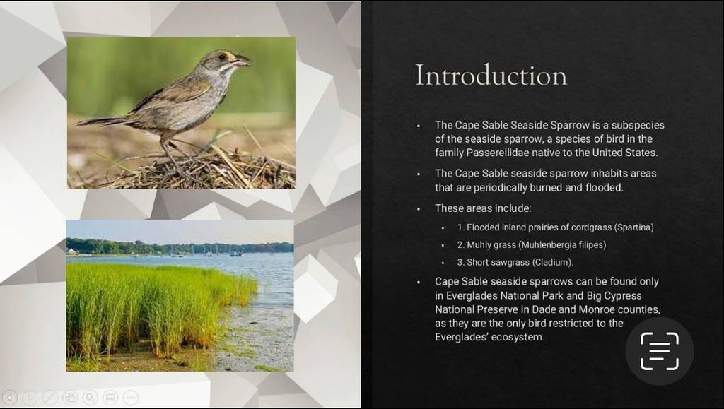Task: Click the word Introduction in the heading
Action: point(491,75)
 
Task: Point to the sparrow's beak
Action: point(242,60)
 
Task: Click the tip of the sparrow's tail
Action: point(76,124)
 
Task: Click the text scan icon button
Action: point(660,351)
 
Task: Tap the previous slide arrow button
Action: point(10,398)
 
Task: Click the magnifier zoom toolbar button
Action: point(90,398)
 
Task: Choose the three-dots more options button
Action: point(131,398)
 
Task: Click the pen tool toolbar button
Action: point(50,398)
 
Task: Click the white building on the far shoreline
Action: point(71,251)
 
